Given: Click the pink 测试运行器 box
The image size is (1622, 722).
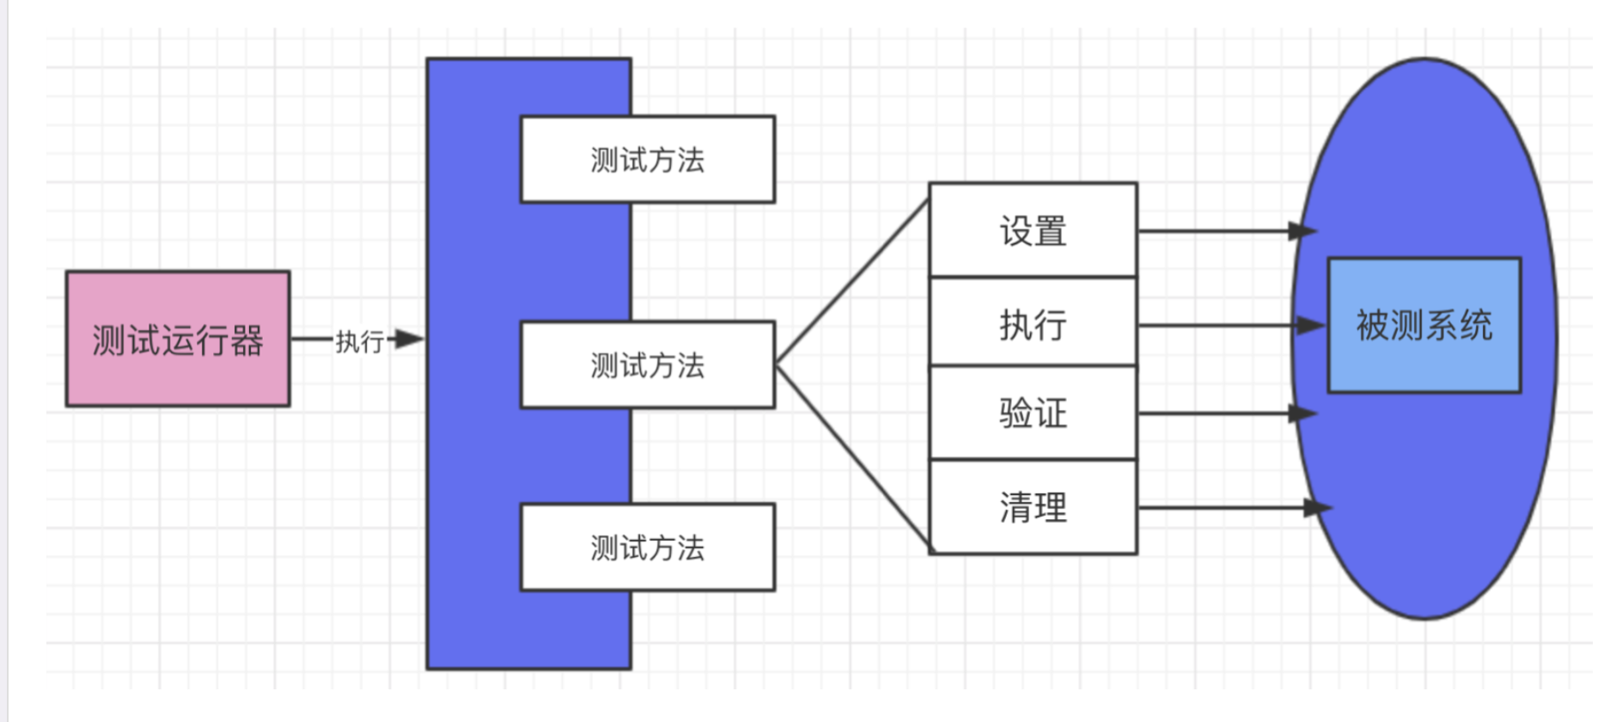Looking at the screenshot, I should [177, 339].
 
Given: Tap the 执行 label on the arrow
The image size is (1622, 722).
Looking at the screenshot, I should [359, 341].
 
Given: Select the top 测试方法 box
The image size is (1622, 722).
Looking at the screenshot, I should [647, 159].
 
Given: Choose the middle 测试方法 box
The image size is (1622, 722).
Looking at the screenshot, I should [647, 364].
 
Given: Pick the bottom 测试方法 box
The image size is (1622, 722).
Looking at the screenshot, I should [647, 547].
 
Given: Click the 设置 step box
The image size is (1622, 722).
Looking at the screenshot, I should [1033, 230].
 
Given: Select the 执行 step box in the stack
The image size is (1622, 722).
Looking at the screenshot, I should [1033, 324].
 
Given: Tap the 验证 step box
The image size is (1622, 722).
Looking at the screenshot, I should [1033, 413].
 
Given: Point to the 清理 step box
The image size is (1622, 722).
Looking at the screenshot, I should [1033, 507].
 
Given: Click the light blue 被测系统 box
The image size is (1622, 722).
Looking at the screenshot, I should [1424, 325].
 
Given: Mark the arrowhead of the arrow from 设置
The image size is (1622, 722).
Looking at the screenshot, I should [1302, 231].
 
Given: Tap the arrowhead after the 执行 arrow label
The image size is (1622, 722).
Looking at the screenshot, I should [409, 339].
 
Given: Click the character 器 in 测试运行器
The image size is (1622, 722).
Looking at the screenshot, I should [247, 340].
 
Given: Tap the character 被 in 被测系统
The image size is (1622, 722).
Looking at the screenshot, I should [1372, 325].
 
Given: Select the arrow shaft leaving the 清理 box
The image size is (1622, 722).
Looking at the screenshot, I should [1220, 508].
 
